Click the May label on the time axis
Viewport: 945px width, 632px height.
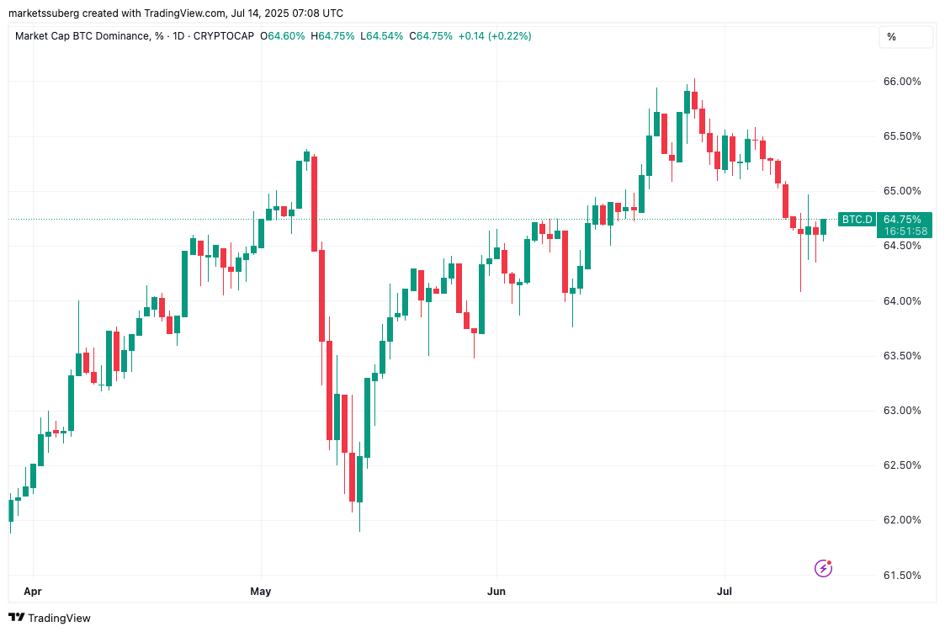pos(261,592)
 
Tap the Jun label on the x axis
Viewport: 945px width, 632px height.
pos(496,592)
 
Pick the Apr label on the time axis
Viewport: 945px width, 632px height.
pos(32,592)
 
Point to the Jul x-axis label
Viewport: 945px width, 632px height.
pos(725,592)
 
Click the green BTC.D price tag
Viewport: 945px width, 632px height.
pos(857,220)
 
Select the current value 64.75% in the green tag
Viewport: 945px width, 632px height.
pos(904,219)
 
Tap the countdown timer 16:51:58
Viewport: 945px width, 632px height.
pos(904,231)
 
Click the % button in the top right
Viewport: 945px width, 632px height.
pos(891,37)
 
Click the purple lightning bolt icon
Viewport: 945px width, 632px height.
pos(824,568)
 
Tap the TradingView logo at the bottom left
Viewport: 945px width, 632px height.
pos(50,618)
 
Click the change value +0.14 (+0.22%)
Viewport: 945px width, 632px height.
pos(495,36)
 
